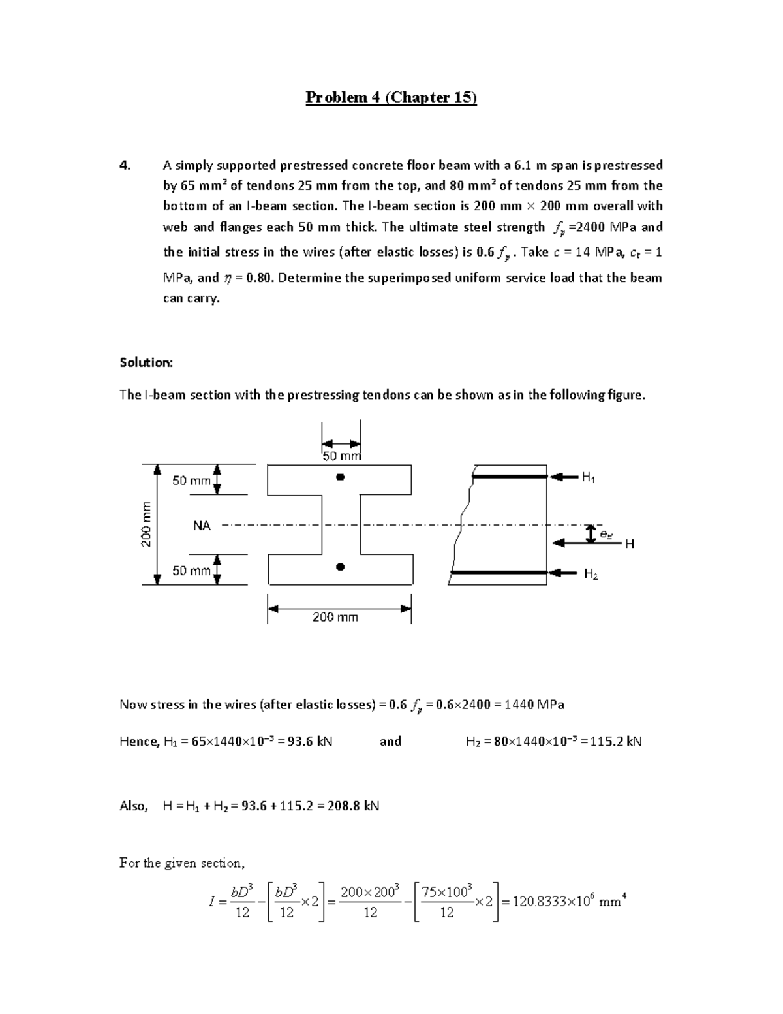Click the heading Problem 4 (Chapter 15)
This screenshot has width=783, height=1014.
tap(391, 98)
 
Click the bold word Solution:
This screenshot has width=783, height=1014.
tap(146, 362)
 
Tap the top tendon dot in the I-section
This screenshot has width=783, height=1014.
tap(339, 477)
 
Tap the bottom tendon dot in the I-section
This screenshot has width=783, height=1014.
tap(339, 567)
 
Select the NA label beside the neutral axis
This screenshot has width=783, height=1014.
tap(202, 525)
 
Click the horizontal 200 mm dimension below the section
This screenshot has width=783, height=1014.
tap(335, 617)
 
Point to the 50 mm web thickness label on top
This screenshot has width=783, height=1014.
tap(341, 456)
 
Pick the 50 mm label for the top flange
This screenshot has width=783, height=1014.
tap(191, 481)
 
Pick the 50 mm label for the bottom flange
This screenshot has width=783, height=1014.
tap(191, 571)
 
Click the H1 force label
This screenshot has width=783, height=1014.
tap(588, 478)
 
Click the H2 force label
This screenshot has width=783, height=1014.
tap(591, 574)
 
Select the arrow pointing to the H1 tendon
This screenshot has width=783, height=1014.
tap(564, 477)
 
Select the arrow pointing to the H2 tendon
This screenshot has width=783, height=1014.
tap(564, 573)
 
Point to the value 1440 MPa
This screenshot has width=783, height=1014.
tap(534, 705)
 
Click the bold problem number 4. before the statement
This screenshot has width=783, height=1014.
tap(125, 165)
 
